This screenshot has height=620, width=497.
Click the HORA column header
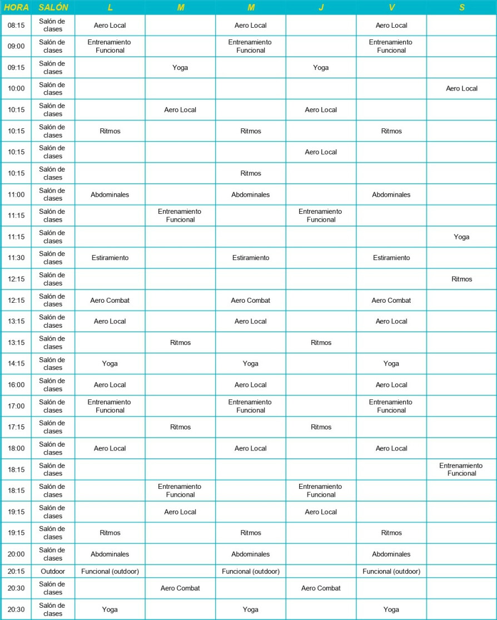click(x=16, y=8)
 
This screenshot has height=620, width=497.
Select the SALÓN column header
click(x=53, y=8)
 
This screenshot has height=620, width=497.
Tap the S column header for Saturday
click(x=461, y=8)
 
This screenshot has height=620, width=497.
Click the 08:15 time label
click(x=16, y=26)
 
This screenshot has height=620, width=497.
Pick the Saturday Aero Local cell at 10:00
click(x=461, y=88)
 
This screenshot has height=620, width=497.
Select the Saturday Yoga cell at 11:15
click(x=461, y=237)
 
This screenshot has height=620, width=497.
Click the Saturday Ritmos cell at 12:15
click(x=461, y=279)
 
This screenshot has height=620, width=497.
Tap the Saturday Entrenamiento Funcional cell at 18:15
click(x=461, y=469)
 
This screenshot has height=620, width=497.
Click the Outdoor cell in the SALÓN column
click(x=53, y=571)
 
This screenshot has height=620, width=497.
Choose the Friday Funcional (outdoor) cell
click(x=391, y=571)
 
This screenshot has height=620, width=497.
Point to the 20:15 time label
click(x=16, y=571)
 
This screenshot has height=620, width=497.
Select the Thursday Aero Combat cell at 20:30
click(x=321, y=588)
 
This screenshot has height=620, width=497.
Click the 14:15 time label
click(x=16, y=364)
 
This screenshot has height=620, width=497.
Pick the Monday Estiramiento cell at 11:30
click(x=110, y=258)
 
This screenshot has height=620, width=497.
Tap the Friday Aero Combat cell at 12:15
click(x=391, y=300)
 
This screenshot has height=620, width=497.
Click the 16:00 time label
click(x=16, y=385)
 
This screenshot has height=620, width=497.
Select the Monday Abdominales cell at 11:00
click(x=110, y=194)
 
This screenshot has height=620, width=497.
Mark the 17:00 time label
click(x=16, y=406)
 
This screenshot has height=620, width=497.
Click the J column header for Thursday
click(x=321, y=8)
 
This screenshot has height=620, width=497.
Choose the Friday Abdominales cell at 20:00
click(x=391, y=554)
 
